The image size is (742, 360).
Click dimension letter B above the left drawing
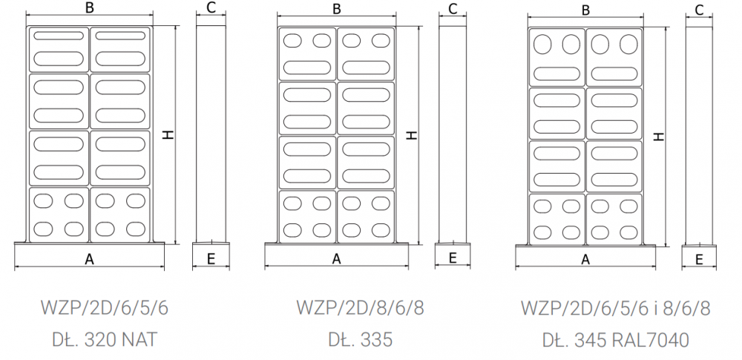pos(90,8)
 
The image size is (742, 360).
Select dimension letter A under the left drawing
pos(90,259)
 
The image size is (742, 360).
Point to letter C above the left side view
pos(211,8)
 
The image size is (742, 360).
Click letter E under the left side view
pos(211,259)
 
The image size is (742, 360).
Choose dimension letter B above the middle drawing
pos(337,10)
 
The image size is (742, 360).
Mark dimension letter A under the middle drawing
pos(336,259)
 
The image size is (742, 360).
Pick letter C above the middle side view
pos(453,10)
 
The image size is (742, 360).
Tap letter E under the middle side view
pos(453,259)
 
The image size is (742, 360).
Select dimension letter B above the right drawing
pos(585,10)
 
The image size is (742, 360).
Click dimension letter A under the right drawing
pos(585,259)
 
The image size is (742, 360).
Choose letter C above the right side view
pos(699,10)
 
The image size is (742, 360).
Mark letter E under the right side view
pos(699,259)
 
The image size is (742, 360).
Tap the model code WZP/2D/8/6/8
pos(360,307)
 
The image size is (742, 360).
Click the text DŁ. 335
pos(360,340)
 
